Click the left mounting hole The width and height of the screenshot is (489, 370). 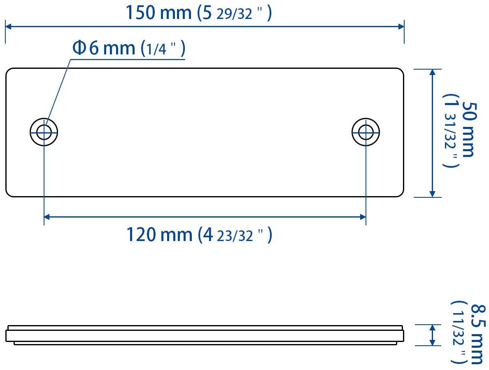[x=44, y=132]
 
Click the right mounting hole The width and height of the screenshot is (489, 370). [x=366, y=132]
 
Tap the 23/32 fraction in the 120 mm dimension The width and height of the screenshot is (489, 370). [x=235, y=237]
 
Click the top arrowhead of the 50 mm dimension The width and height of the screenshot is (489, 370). [x=432, y=73]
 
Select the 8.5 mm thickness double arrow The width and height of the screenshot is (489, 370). [x=432, y=335]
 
